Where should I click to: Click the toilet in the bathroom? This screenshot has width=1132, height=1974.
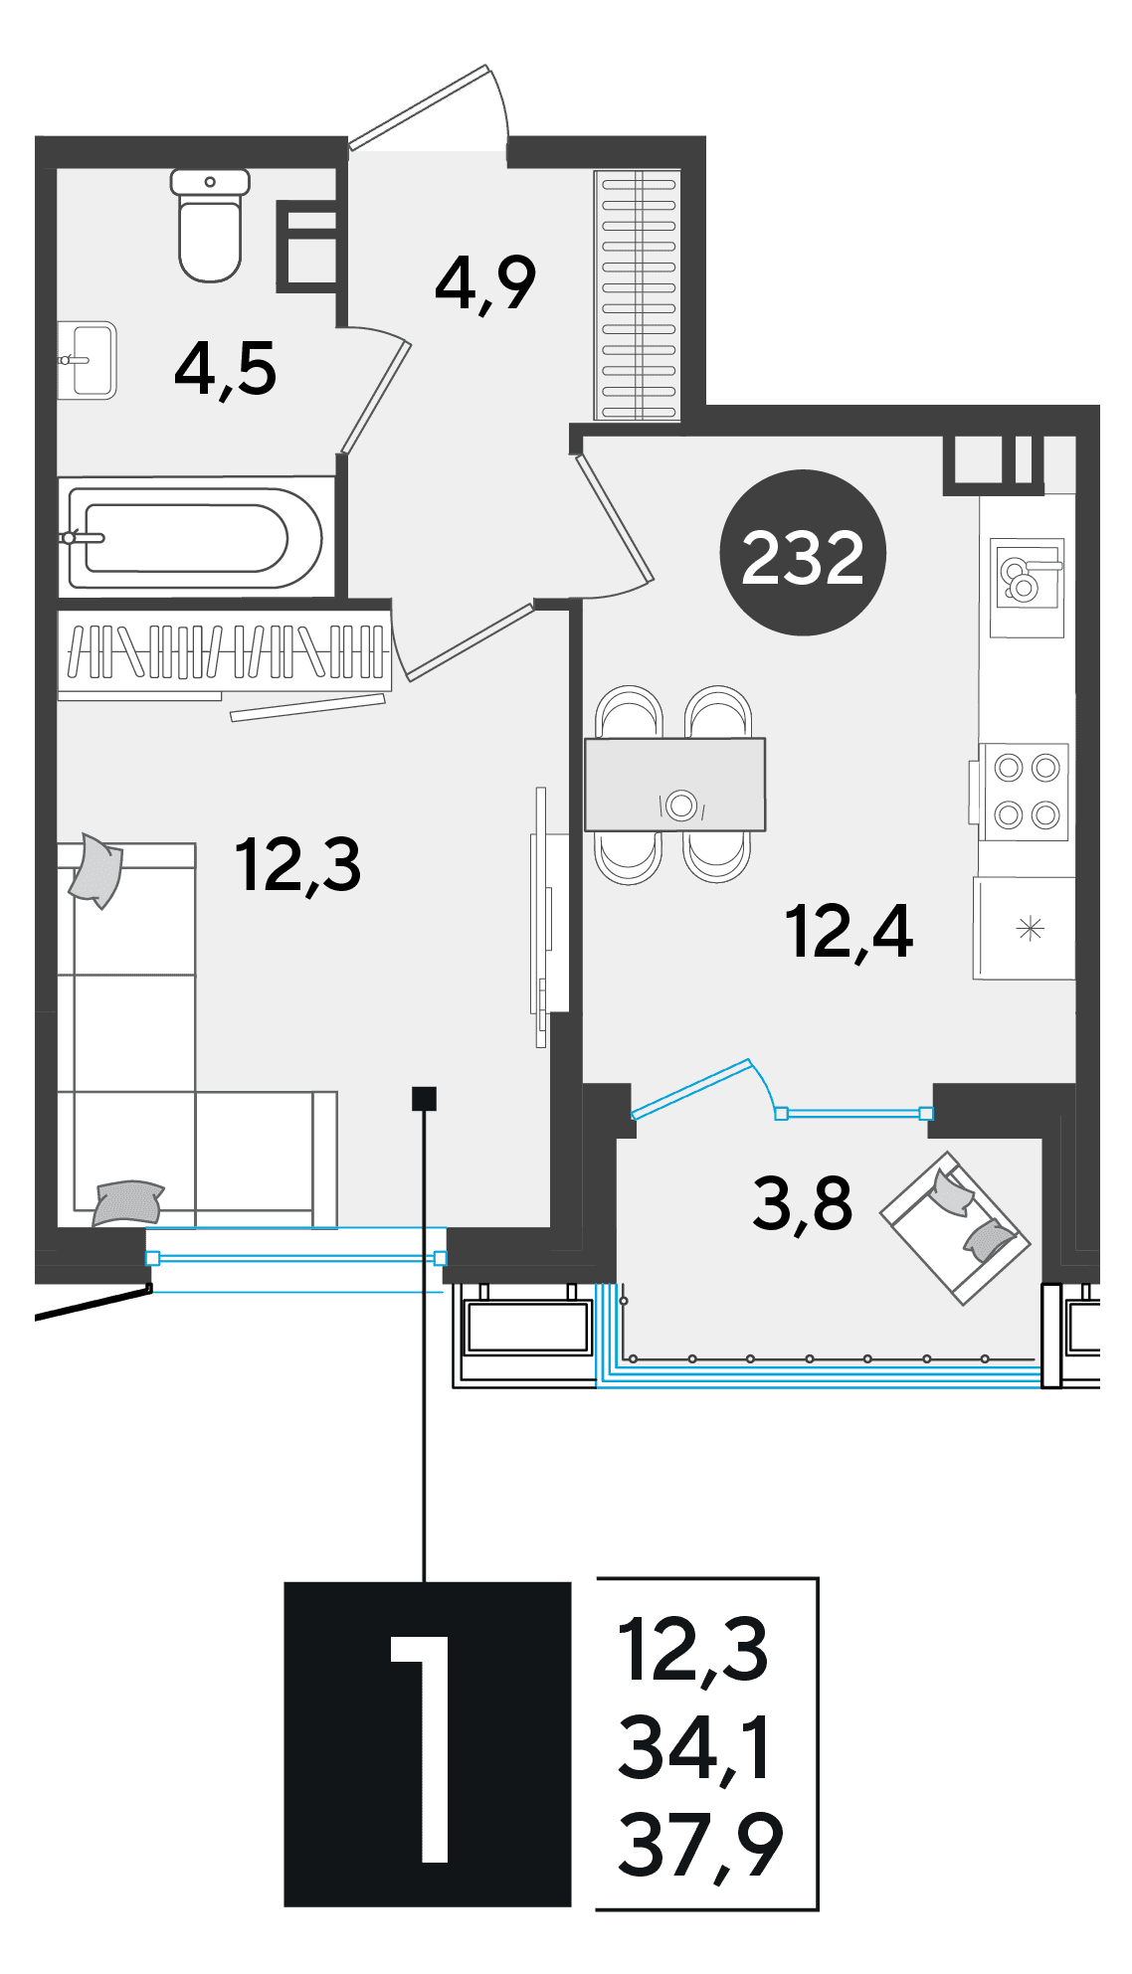(210, 225)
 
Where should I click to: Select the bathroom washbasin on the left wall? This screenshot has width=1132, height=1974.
(88, 360)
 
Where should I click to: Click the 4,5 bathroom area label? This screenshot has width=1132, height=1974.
(226, 370)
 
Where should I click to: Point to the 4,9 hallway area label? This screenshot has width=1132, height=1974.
(485, 283)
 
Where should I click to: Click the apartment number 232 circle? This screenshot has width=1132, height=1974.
(803, 553)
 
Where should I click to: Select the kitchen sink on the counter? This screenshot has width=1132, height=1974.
(1028, 588)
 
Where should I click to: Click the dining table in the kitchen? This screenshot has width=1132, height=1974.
(674, 785)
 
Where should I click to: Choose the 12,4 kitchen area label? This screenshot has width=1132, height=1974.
(849, 932)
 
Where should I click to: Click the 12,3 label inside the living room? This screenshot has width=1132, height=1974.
(298, 864)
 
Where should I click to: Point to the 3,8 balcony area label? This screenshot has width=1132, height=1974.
(802, 1203)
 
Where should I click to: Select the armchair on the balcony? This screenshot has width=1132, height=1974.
(955, 1228)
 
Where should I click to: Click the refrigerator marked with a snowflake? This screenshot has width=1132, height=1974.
(1025, 929)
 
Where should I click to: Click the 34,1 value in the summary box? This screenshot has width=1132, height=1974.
(694, 1748)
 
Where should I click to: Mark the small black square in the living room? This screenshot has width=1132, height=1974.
(424, 1098)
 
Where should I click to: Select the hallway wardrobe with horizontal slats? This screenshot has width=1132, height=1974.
(638, 295)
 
